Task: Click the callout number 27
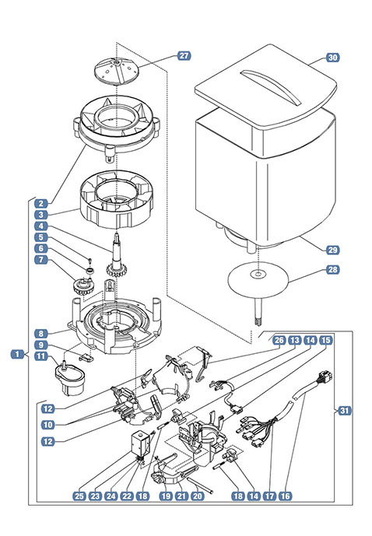(184, 56)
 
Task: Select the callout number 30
(332, 58)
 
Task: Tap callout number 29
(332, 250)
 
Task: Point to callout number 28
(332, 270)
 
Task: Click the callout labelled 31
(345, 410)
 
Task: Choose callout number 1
(17, 354)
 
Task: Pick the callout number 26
(279, 340)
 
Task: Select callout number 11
(41, 356)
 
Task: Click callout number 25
(79, 496)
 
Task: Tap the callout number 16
(285, 496)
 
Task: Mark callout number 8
(41, 333)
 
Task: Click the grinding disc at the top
(117, 71)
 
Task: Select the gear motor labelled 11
(69, 379)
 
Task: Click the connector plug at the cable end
(325, 378)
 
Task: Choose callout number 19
(167, 496)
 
